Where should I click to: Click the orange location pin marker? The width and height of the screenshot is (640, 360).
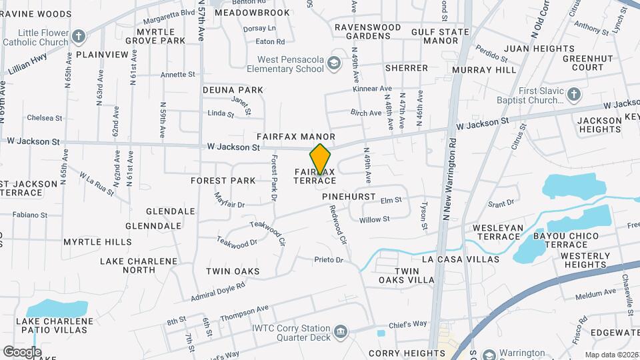[321, 159]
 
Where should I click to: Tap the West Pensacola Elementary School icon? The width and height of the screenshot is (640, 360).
[334, 63]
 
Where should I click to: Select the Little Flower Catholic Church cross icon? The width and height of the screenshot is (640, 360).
[79, 36]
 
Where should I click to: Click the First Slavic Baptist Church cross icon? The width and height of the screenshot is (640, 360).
[573, 95]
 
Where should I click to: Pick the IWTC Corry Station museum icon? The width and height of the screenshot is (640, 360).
[341, 332]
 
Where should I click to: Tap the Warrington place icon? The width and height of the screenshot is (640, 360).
[489, 354]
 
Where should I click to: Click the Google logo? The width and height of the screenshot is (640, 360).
[21, 351]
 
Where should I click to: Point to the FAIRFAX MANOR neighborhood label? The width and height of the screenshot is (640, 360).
[300, 137]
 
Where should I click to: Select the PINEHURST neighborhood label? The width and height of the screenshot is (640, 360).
[350, 197]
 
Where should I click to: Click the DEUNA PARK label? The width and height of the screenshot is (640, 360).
[233, 90]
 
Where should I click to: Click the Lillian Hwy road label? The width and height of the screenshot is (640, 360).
[26, 65]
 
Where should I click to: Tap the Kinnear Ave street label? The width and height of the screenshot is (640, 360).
[372, 89]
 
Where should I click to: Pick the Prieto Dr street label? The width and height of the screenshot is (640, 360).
[330, 259]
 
